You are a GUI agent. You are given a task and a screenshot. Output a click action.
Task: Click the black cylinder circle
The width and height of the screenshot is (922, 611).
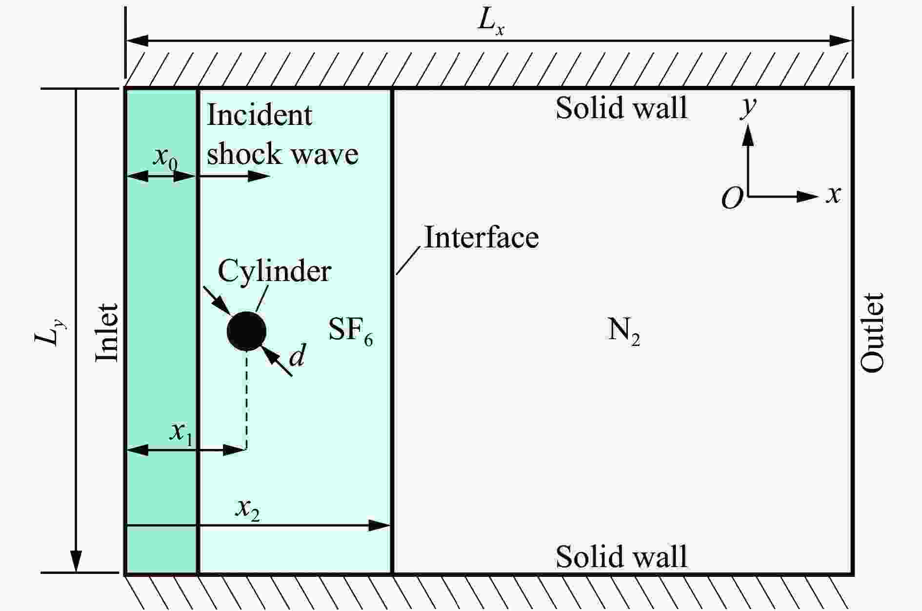(246, 331)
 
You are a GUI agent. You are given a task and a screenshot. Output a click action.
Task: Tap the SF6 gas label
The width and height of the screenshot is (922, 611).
(350, 331)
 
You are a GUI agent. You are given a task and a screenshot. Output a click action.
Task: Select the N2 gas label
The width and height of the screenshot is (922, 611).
(623, 332)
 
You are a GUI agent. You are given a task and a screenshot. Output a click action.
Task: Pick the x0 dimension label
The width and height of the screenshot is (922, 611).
(164, 158)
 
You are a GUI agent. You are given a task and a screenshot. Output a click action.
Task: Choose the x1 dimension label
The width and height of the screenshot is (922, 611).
(181, 433)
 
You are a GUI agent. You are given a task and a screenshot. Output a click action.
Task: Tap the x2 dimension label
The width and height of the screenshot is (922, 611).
(247, 510)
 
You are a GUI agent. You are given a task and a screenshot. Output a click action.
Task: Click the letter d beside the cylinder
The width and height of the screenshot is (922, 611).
(297, 355)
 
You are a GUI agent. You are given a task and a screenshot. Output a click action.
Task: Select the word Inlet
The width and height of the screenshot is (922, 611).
(107, 332)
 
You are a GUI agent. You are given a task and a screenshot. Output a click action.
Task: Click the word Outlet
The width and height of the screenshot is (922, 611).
(872, 332)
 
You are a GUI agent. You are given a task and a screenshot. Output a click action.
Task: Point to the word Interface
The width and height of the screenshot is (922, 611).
(481, 238)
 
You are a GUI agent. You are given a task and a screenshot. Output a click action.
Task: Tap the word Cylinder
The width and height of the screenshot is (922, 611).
(274, 271)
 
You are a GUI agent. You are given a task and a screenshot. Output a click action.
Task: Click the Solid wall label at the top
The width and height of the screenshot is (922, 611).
(621, 108)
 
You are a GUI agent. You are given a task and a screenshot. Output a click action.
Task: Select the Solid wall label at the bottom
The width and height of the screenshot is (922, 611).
(621, 556)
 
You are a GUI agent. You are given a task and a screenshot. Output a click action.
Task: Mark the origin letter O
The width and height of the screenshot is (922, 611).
(732, 199)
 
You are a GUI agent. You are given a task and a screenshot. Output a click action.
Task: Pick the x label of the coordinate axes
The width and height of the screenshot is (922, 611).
(833, 195)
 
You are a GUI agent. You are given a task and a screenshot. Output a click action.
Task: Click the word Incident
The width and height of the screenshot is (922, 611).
(260, 115)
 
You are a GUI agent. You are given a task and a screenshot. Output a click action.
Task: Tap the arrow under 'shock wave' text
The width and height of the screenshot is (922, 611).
(233, 176)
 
